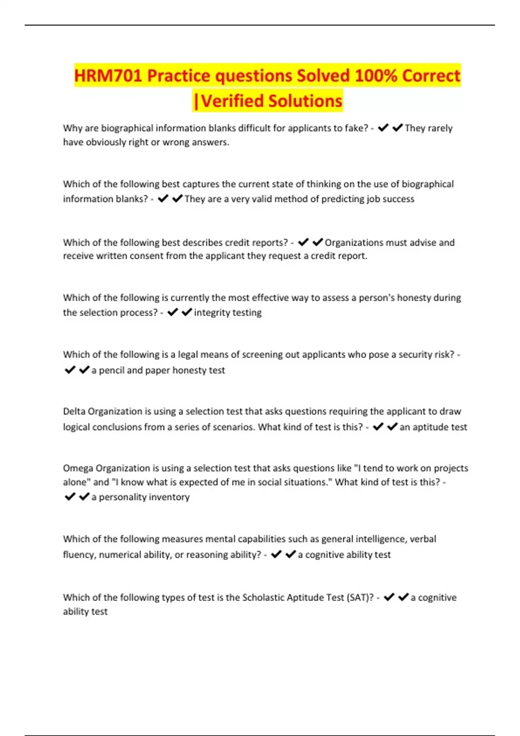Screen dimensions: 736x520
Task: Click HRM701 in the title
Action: (x=108, y=76)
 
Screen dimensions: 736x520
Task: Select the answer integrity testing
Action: (x=227, y=313)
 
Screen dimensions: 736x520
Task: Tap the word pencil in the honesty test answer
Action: (x=111, y=370)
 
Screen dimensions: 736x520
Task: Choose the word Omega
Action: (x=78, y=468)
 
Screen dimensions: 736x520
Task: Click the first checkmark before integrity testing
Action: (x=172, y=312)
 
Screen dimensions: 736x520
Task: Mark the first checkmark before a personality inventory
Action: (x=70, y=497)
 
